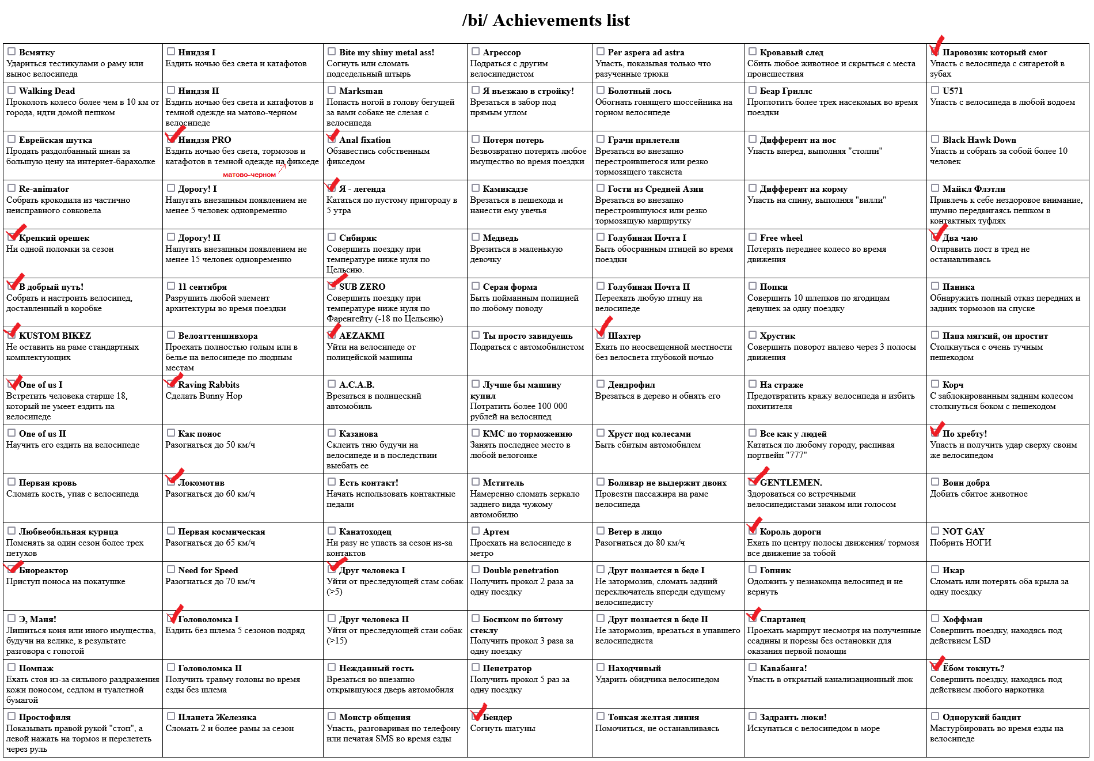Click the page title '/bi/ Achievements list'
[546, 21]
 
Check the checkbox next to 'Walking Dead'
[12, 90]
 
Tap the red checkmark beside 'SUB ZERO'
[336, 282]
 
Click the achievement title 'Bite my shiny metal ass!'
[386, 52]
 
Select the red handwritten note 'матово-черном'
[249, 175]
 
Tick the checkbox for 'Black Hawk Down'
[935, 139]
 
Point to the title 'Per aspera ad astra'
[646, 52]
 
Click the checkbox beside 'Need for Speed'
[171, 569]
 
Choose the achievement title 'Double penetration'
[521, 570]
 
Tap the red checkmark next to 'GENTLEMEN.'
[757, 477]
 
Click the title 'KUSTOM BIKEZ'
[55, 336]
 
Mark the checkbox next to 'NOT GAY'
[935, 531]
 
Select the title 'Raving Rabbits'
[208, 385]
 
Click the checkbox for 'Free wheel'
[753, 237]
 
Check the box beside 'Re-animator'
[12, 188]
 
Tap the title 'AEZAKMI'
[362, 336]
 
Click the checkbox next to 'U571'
[935, 90]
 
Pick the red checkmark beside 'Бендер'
[478, 712]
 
